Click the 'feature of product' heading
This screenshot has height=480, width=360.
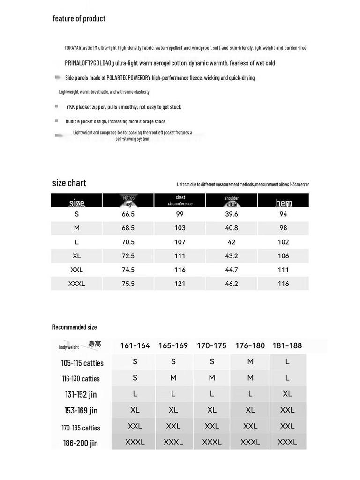tap(79, 19)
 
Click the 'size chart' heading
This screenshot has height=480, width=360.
tap(69, 183)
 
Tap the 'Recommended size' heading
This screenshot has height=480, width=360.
tap(75, 327)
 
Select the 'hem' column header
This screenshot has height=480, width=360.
tap(284, 202)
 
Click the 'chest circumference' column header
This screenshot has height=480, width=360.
tap(180, 201)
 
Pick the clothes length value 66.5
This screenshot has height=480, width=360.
tap(128, 214)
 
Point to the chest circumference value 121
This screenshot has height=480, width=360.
tap(180, 284)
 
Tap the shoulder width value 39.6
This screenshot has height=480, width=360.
tap(232, 214)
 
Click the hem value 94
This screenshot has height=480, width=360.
tap(283, 214)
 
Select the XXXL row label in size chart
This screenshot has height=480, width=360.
tap(77, 284)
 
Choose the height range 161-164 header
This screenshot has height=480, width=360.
tap(135, 345)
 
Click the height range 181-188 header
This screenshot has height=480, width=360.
tap(287, 345)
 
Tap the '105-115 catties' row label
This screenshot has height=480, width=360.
tap(82, 363)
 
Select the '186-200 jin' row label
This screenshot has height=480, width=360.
tap(81, 443)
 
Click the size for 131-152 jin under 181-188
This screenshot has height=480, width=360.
tap(287, 394)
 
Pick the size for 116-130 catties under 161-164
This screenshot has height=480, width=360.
tap(135, 377)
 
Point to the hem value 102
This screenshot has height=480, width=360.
tap(283, 242)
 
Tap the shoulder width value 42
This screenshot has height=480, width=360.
tap(232, 242)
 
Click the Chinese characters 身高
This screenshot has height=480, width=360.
tap(95, 344)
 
